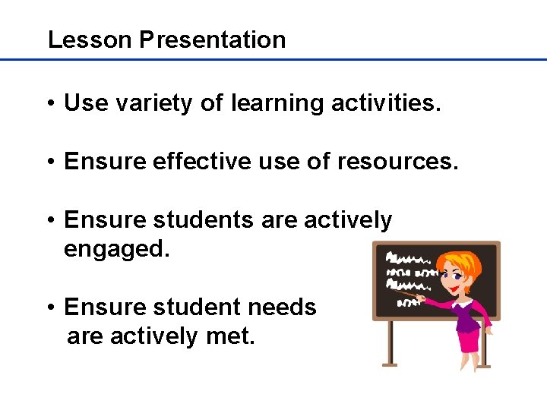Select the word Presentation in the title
(213, 39)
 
